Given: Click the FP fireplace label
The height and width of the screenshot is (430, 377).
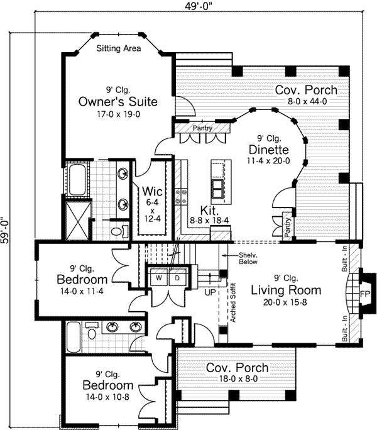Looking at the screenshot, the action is pos(364,294).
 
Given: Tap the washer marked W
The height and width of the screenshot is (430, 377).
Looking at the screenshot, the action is pos(159,278).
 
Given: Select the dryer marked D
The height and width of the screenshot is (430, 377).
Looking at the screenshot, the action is pos(177,278).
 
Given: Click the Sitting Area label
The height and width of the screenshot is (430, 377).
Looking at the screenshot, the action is pos(119,48).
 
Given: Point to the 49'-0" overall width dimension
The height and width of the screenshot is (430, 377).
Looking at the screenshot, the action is pos(199,6).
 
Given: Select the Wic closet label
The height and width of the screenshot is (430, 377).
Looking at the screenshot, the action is pos(152,191).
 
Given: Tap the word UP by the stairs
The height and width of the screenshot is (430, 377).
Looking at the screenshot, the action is pos(210,292).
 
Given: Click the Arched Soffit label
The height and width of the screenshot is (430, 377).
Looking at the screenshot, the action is pos(232,302).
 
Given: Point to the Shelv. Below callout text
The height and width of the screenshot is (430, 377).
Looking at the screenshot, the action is pos(248,258).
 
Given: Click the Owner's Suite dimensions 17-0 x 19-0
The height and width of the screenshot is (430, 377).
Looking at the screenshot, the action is pos(119,114).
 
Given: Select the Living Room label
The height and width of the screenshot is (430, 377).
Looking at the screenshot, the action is pos(286,290).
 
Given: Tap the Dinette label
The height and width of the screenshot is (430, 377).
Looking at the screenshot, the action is pos(269,150).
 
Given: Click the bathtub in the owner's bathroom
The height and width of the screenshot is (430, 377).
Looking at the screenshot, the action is pos(77,179).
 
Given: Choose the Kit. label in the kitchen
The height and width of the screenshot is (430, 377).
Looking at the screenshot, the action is pos(209,211).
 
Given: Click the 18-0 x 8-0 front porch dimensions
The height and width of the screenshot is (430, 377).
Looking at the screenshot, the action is pos(238,378).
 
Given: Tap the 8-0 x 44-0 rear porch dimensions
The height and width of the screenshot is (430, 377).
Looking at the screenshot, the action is pos(307,101).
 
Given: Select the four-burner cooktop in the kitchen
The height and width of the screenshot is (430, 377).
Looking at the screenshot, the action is pos(181,196).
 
